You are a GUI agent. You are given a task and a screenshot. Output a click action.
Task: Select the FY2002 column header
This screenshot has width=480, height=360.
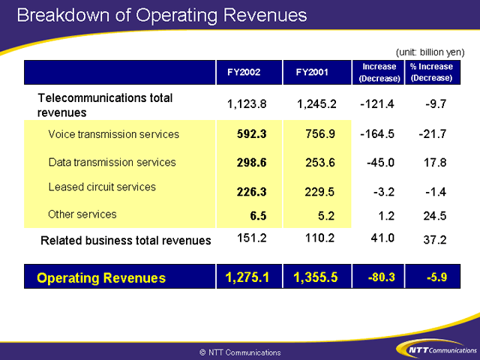244,72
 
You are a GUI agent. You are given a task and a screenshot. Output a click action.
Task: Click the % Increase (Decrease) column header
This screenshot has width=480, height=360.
431,72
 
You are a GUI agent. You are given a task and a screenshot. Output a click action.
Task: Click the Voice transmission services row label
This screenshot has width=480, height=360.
113,134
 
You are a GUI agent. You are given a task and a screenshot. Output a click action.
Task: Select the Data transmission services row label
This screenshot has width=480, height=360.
112,162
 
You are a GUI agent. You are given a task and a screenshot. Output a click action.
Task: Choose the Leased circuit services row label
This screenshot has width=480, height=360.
102,187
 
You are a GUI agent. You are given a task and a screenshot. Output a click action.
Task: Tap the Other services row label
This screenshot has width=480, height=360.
82,214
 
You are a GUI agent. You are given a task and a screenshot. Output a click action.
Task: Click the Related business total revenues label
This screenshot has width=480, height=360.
125,241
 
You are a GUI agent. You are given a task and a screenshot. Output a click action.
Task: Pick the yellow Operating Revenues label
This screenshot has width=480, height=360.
101,278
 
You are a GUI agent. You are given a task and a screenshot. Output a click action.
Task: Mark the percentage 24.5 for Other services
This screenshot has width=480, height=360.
435,216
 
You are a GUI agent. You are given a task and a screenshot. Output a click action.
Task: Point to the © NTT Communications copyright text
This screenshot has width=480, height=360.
240,352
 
